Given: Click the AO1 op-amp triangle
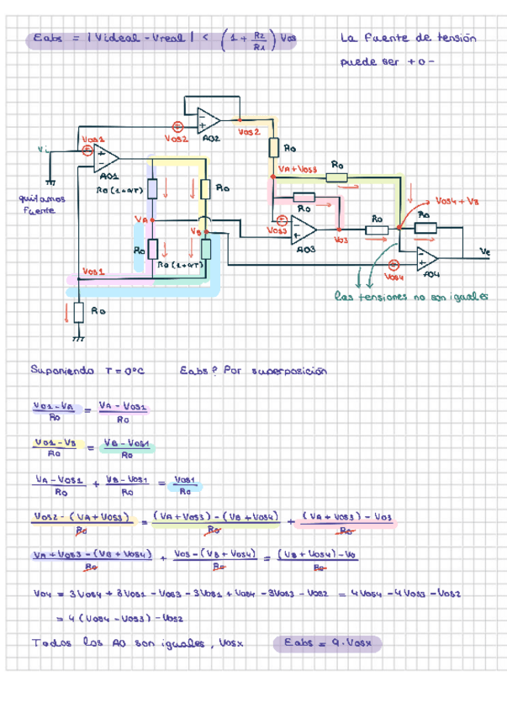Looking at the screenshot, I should [x=108, y=158].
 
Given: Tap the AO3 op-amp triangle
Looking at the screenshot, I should [x=304, y=230].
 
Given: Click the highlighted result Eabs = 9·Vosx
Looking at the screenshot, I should [x=328, y=643].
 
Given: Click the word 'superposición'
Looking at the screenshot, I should [x=289, y=371].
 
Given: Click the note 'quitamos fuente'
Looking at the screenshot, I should [x=35, y=204].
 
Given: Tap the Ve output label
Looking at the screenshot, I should [x=484, y=251].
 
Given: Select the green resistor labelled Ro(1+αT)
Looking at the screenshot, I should [x=206, y=250].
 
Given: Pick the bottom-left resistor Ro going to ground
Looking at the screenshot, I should [x=78, y=312].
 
